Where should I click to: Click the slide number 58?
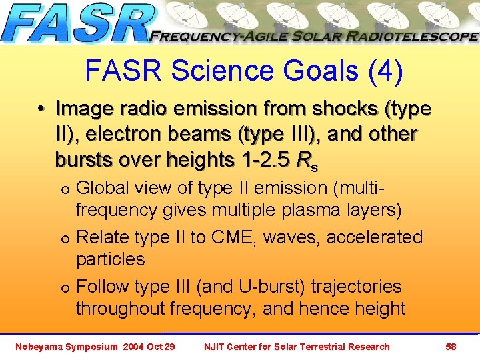451,347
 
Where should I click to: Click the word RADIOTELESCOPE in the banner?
413,37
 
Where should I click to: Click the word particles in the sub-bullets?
110,259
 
